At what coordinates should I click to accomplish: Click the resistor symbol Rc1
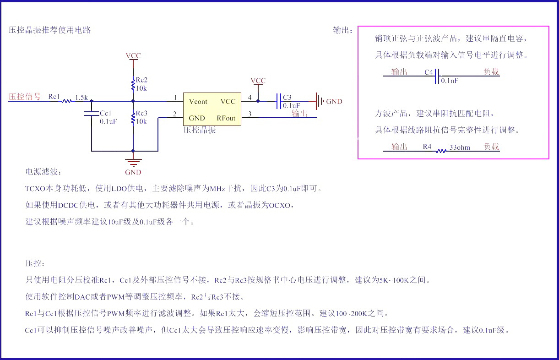(67, 101)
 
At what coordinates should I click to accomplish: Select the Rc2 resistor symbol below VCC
(133, 85)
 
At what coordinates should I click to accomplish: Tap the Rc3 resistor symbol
(133, 118)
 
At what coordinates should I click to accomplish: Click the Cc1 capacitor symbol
(92, 113)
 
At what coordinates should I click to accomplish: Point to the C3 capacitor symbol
(278, 101)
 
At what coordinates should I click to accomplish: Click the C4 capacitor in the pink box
(437, 76)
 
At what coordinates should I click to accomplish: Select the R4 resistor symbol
(441, 151)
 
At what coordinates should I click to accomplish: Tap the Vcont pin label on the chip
(198, 101)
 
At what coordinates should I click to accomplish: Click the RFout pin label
(226, 118)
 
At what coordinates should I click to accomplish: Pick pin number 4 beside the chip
(250, 97)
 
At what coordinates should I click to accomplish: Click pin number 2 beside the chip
(174, 114)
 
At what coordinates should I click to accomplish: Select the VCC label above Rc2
(133, 56)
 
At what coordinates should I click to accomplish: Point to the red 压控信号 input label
(25, 97)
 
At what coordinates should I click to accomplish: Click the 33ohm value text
(460, 147)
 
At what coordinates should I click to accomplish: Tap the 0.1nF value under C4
(450, 81)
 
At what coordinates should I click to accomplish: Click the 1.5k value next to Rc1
(81, 97)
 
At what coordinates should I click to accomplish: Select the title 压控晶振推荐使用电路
(50, 30)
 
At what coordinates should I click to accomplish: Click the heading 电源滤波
(43, 172)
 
